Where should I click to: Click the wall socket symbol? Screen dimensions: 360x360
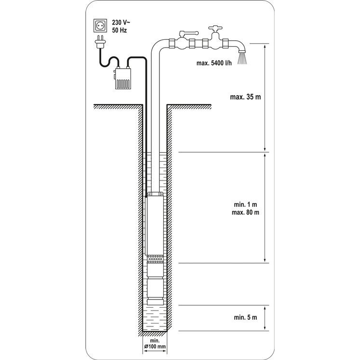click(100, 26)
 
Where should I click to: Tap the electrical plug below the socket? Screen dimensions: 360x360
click(100, 42)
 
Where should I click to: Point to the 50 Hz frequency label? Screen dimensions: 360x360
click(120, 30)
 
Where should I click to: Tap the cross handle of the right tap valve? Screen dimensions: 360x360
click(216, 28)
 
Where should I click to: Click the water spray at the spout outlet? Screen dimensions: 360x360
click(242, 58)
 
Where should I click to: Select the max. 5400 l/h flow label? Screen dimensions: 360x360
click(214, 63)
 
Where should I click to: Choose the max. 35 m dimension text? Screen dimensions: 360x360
click(245, 97)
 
